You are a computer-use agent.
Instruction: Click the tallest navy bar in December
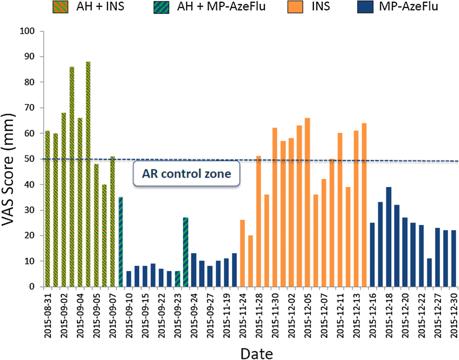pyautogui.click(x=388, y=237)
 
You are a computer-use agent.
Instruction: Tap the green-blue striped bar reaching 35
pyautogui.click(x=120, y=242)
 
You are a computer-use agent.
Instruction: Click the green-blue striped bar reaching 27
pyautogui.click(x=185, y=252)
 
